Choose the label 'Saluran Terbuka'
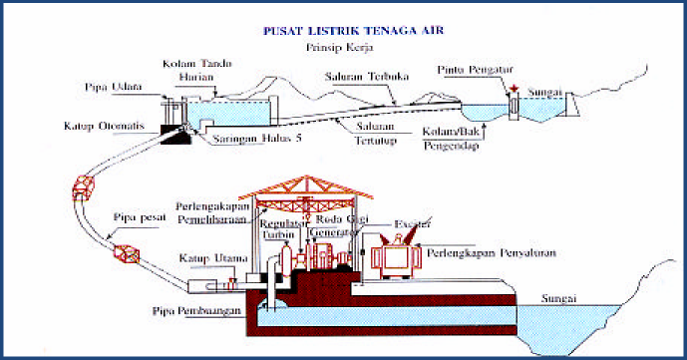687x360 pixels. (x=361, y=78)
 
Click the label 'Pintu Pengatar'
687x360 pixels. (x=479, y=71)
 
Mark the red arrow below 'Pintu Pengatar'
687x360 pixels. (x=512, y=89)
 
